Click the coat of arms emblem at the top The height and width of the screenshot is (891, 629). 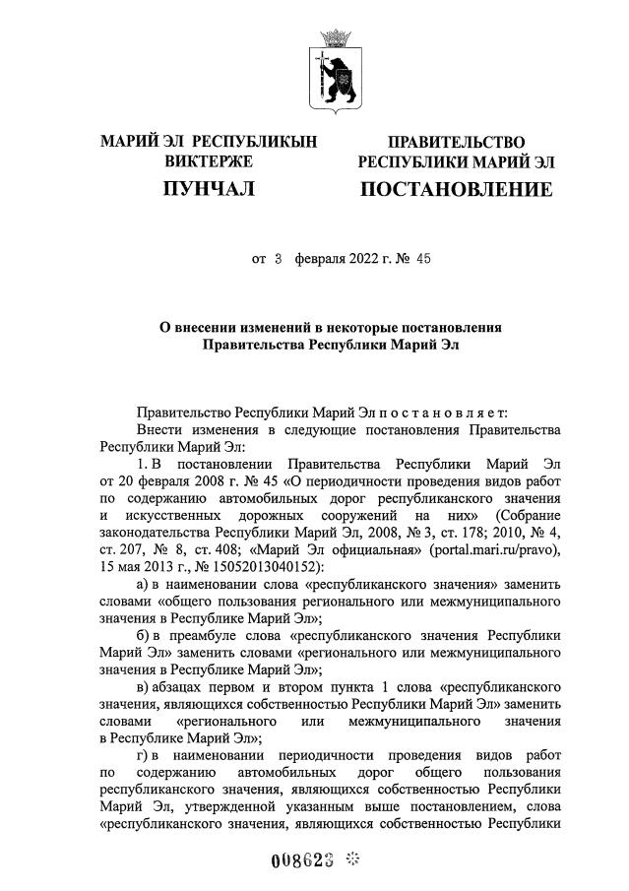point(333,68)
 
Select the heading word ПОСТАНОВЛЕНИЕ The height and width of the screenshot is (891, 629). point(456,189)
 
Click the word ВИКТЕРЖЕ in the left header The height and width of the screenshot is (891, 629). point(209,160)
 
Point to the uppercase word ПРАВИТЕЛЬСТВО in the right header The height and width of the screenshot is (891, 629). point(456,142)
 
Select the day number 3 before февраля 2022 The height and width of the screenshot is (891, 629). point(279,260)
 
